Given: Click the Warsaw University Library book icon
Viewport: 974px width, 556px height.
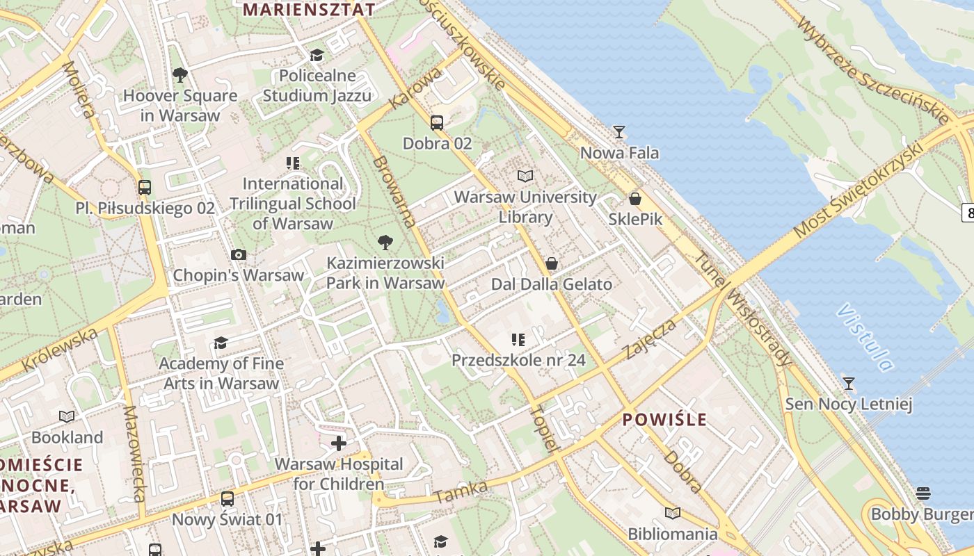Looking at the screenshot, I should pyautogui.click(x=525, y=177).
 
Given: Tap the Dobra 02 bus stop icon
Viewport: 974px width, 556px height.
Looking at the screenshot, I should pyautogui.click(x=437, y=123).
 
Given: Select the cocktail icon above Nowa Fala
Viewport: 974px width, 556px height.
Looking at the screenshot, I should pyautogui.click(x=619, y=131).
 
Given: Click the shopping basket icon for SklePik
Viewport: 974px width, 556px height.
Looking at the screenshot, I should pyautogui.click(x=634, y=199).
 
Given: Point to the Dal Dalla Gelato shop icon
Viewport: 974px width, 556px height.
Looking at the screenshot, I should pyautogui.click(x=552, y=263).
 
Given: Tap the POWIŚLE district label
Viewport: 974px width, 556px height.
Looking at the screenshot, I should pyautogui.click(x=664, y=420).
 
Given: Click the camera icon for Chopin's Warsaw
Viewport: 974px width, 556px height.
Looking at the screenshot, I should pyautogui.click(x=239, y=254).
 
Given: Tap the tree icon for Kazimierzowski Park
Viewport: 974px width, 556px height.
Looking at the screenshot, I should pyautogui.click(x=385, y=243).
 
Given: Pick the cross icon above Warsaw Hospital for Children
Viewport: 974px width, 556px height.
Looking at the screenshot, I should pyautogui.click(x=339, y=443).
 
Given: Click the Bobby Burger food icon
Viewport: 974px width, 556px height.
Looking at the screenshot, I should pyautogui.click(x=923, y=493).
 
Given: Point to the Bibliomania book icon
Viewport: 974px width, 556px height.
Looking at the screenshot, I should pyautogui.click(x=673, y=514).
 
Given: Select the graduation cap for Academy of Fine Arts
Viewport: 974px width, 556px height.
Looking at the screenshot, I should pyautogui.click(x=221, y=343).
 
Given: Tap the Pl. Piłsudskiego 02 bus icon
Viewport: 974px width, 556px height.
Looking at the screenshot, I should pyautogui.click(x=145, y=188).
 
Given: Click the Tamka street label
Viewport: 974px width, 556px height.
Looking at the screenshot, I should pyautogui.click(x=461, y=492).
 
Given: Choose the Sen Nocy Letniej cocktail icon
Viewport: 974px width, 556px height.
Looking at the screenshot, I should pyautogui.click(x=848, y=383).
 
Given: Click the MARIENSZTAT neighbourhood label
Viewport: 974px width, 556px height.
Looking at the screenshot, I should pyautogui.click(x=310, y=10).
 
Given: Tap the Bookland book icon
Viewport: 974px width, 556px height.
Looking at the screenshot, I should pyautogui.click(x=67, y=417).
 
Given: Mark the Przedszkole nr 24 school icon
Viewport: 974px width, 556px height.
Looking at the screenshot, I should pyautogui.click(x=518, y=340).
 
